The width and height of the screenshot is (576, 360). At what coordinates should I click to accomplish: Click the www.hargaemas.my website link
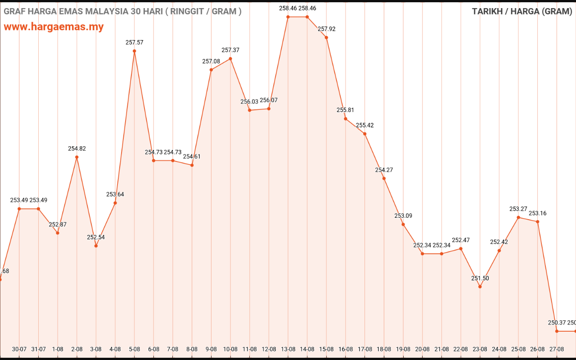[x=54, y=27]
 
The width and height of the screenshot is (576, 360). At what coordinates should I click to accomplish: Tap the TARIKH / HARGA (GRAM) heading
[x=522, y=11]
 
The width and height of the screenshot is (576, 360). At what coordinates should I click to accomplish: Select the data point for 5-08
[x=134, y=51]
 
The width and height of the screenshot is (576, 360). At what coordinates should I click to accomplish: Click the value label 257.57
[x=134, y=42]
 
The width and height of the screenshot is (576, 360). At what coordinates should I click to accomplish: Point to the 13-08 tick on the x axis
[x=288, y=349]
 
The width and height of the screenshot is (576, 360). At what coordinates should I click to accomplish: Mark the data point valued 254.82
[x=77, y=157]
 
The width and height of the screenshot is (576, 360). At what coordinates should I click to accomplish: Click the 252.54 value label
[x=96, y=237]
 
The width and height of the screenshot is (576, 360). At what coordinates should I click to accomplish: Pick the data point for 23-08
[x=480, y=287]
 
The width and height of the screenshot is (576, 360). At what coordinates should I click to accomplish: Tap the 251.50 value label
[x=480, y=278]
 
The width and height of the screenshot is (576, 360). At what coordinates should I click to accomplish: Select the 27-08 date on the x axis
[x=557, y=349]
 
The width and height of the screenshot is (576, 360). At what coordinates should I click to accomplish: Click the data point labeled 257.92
[x=326, y=37]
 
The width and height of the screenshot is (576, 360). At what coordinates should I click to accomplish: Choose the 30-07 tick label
[x=19, y=349]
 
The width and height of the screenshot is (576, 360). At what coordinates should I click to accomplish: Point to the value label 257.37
[x=230, y=50]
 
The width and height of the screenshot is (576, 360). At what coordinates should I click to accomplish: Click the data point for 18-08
[x=384, y=179]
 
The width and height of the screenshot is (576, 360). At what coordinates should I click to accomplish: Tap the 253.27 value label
[x=518, y=209]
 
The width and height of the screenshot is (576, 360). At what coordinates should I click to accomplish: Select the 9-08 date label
[x=211, y=349]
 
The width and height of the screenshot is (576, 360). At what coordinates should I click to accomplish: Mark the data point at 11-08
[x=250, y=110]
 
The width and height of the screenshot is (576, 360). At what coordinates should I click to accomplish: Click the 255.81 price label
[x=346, y=110]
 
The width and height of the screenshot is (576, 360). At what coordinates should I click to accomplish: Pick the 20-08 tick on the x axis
[x=422, y=349]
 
